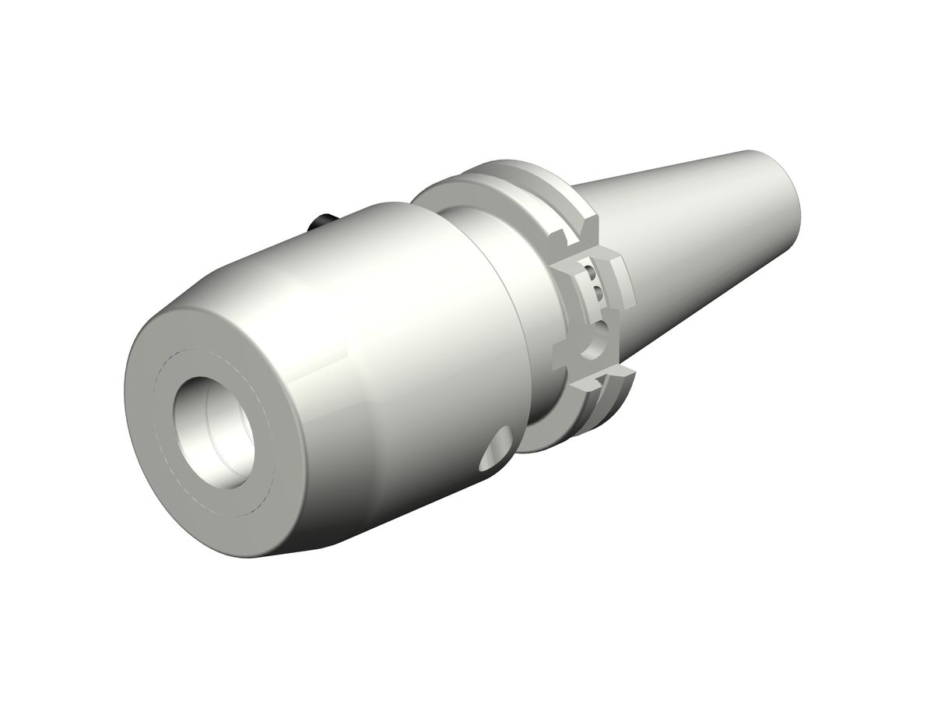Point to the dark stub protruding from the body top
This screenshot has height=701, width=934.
[x=321, y=223]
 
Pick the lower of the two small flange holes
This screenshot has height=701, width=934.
[x=598, y=294]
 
